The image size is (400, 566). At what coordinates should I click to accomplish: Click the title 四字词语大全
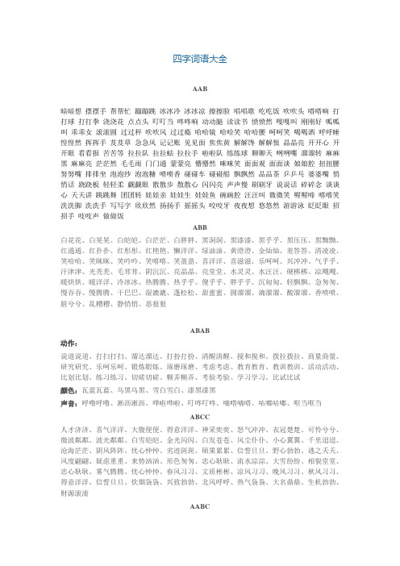point(199,57)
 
